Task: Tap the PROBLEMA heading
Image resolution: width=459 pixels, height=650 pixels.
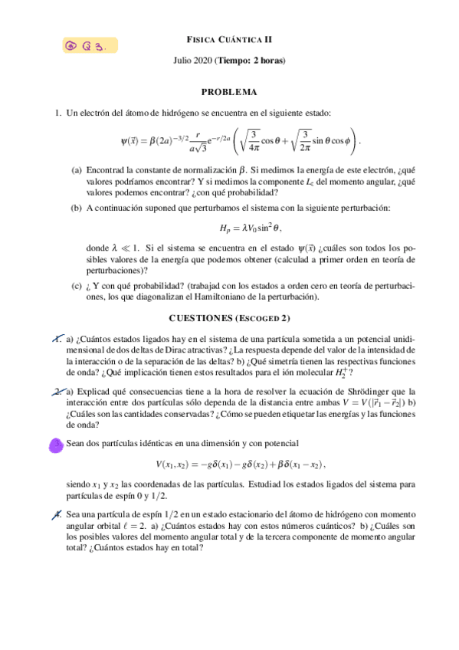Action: coord(229,92)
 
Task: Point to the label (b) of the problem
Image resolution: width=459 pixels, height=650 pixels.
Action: coord(77,208)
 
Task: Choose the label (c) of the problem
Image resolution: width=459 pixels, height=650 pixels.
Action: coord(77,286)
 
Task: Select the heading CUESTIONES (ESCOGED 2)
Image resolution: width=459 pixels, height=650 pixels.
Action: coord(229,318)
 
